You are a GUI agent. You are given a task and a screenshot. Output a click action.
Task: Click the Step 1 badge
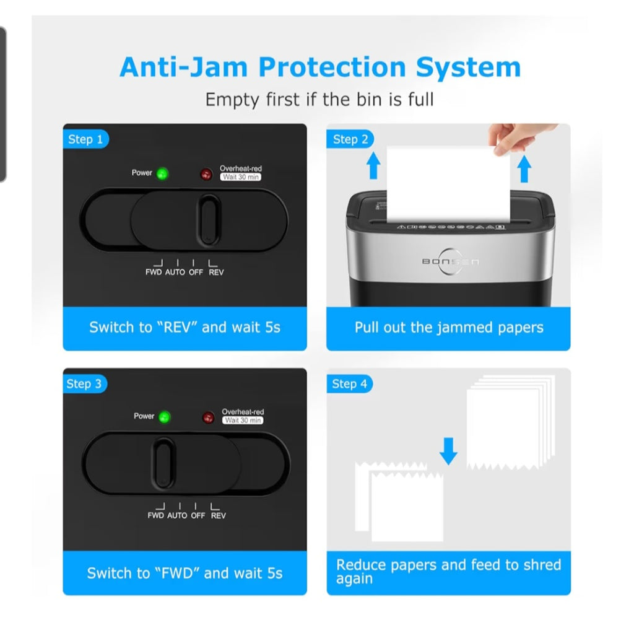(85, 139)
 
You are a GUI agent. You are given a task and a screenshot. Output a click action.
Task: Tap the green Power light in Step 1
(163, 173)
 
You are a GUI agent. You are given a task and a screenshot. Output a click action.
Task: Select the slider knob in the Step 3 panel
(163, 462)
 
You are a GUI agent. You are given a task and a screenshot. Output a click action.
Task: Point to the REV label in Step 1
(216, 273)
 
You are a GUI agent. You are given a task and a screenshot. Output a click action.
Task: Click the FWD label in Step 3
(156, 515)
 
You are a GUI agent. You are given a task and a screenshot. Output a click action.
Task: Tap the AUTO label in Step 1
(175, 273)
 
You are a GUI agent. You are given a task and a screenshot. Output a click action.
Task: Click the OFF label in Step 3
(198, 515)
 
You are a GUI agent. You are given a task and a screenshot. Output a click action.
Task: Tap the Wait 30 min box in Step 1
(241, 177)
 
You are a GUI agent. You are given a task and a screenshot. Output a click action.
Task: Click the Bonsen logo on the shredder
(450, 261)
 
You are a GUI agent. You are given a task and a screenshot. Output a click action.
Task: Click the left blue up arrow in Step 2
(373, 167)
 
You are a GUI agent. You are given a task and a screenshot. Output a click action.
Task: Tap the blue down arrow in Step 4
(448, 452)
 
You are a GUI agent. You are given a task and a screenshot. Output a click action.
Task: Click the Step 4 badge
(349, 384)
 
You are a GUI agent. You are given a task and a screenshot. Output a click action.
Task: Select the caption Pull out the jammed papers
(449, 328)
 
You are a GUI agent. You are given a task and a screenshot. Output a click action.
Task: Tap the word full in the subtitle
(420, 99)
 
